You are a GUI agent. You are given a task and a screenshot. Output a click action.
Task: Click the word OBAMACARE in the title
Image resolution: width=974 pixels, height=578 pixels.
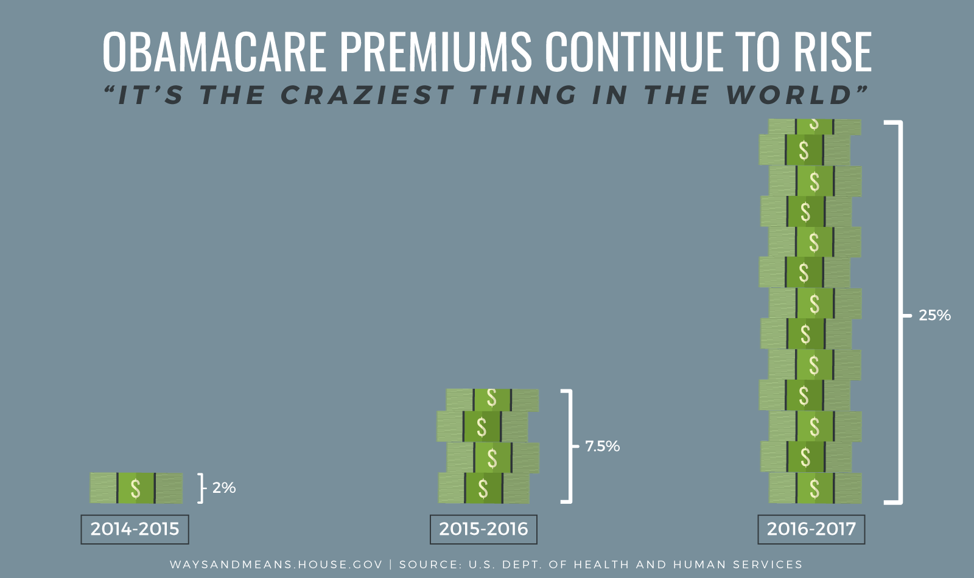pos(214,52)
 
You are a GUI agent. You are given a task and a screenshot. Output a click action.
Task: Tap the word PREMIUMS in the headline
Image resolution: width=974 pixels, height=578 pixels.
pos(435,52)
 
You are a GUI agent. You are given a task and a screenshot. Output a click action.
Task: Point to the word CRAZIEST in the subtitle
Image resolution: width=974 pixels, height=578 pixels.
pos(367,96)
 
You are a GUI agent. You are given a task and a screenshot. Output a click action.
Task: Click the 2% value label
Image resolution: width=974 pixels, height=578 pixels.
pos(224,488)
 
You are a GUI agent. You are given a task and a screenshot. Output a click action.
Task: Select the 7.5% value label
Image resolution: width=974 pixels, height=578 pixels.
pos(602,447)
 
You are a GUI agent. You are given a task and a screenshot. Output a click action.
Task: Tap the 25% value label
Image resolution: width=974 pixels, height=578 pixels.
pos(934,315)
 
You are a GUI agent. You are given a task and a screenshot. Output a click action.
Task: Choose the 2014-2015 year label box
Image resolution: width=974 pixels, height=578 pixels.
pos(135,529)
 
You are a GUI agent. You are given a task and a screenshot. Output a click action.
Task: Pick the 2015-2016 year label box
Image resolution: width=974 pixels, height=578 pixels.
pos(483,529)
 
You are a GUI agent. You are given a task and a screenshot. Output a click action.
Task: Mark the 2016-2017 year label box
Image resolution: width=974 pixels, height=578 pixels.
pos(811,529)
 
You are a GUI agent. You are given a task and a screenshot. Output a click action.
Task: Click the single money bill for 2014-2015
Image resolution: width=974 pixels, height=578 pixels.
pos(136,488)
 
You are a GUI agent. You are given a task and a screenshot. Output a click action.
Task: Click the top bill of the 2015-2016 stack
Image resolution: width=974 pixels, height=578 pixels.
pos(492,399)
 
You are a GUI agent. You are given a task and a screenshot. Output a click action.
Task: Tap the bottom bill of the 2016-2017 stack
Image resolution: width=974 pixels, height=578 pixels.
pos(815,488)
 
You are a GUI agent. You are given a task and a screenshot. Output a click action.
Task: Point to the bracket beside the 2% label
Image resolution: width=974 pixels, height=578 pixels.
pos(202,488)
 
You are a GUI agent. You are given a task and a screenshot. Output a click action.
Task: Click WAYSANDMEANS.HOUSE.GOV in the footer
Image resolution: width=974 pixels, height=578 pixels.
pos(276,565)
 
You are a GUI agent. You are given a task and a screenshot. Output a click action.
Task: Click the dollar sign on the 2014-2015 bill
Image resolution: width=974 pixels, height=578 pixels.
pos(136,488)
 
